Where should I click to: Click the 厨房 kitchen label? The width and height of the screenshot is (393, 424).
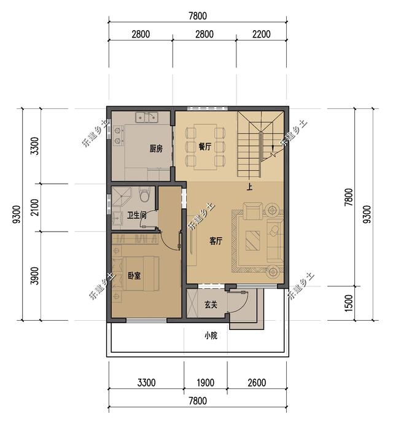(156, 149)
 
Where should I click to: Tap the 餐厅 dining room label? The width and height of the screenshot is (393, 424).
(204, 147)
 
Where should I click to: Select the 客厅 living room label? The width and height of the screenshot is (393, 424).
(216, 241)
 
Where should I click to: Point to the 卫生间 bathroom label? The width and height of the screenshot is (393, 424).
(137, 215)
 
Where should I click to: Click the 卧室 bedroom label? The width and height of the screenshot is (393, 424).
(134, 276)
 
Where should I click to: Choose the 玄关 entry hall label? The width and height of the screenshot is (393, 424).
(211, 305)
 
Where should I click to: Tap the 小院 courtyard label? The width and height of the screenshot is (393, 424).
(211, 336)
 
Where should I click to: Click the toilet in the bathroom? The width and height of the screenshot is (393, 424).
(144, 194)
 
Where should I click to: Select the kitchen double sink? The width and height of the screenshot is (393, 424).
(147, 117)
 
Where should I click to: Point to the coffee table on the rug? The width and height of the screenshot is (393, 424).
(252, 240)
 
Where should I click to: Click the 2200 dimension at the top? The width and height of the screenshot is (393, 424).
(262, 34)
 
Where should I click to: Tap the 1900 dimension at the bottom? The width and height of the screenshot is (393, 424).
(206, 383)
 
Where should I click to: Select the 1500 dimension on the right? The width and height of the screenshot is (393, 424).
(349, 303)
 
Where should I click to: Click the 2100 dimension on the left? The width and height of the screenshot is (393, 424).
(35, 208)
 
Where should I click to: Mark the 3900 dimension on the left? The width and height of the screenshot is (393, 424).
(35, 276)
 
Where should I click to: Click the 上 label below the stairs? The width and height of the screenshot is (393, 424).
(249, 187)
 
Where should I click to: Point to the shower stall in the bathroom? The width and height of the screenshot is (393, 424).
(122, 197)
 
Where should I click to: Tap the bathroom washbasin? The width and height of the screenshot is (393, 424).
(117, 218)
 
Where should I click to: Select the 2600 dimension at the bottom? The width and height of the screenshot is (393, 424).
(257, 383)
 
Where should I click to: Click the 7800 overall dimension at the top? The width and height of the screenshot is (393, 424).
(198, 16)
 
